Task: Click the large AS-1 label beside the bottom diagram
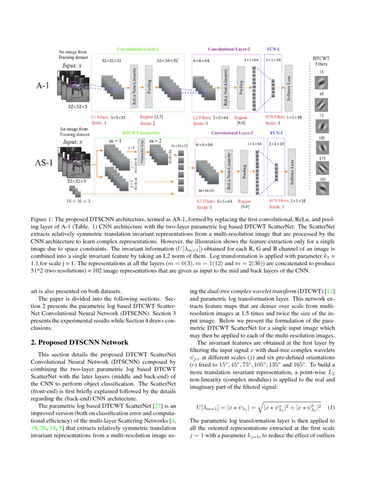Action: [x=44, y=162]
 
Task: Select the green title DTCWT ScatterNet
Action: [x=141, y=132]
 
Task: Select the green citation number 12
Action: [x=330, y=291]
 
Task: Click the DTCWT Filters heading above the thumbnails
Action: [x=322, y=61]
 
